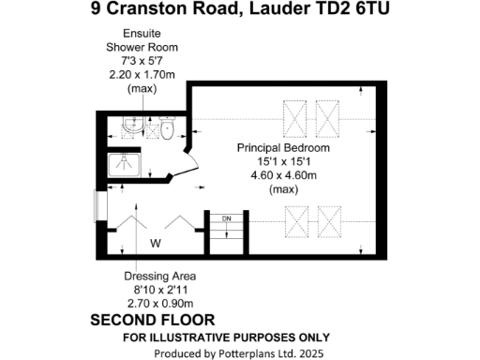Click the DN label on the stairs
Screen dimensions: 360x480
pos(225,219)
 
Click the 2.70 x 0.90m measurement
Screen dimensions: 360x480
pos(158,303)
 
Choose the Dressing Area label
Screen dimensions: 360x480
pos(158,277)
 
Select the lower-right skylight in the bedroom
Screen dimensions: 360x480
pos(328,222)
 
